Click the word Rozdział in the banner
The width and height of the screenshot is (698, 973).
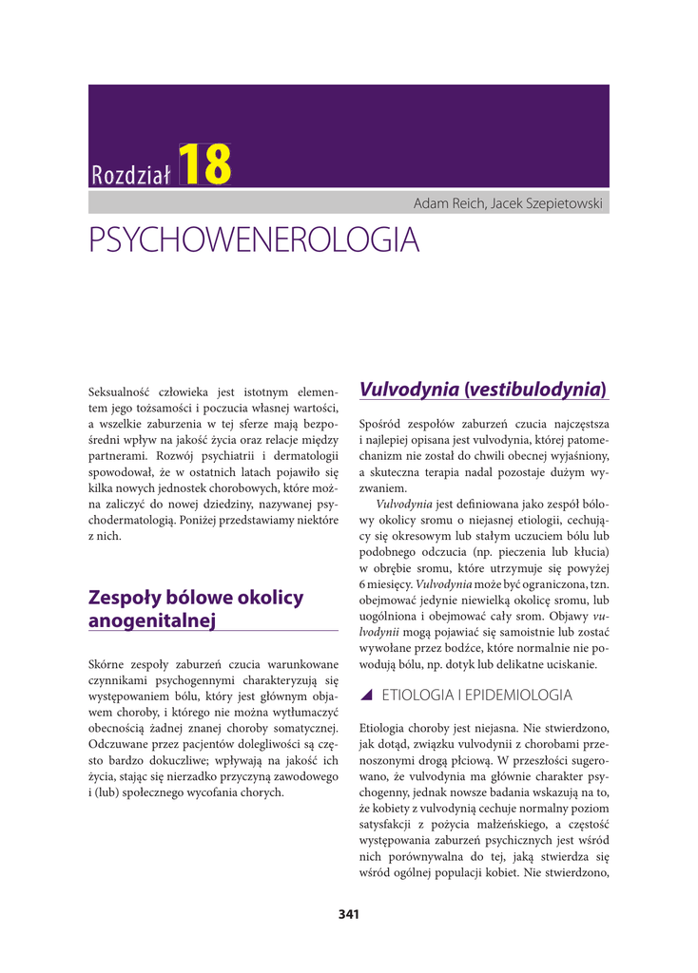point(130,174)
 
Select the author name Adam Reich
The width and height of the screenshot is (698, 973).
point(449,203)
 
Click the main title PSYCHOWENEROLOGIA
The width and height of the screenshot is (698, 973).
point(254,240)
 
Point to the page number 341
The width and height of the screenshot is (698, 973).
point(348,915)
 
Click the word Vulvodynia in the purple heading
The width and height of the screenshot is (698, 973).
point(410,389)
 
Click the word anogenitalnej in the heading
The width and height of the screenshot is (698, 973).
point(152,621)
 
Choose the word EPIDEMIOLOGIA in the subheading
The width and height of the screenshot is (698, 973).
point(517,695)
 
